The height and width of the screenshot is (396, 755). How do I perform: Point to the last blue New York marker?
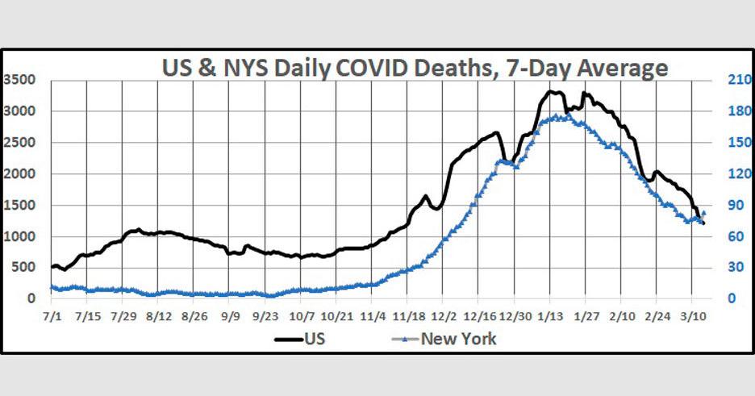tap(703, 213)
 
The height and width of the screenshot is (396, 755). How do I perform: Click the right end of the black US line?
tap(703, 223)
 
